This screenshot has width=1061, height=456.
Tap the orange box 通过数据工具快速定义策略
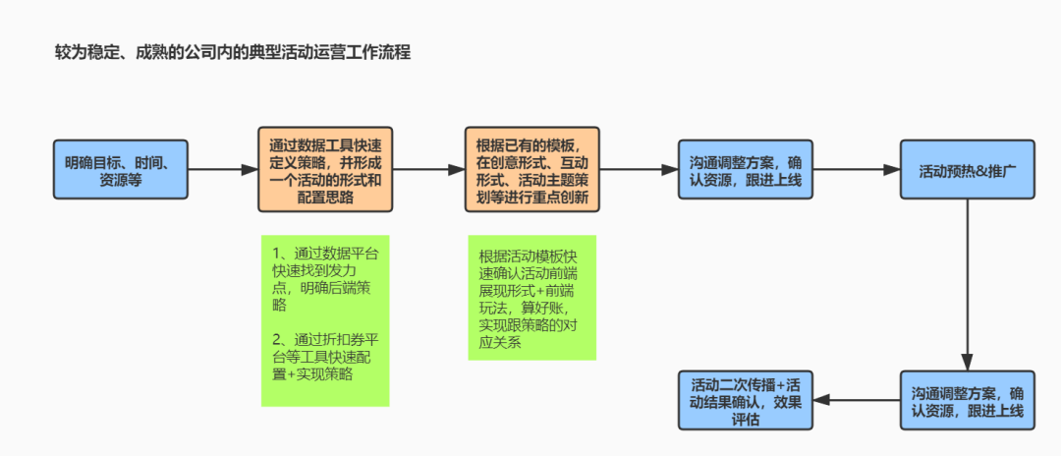325,170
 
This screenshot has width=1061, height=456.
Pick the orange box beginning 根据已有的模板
531,170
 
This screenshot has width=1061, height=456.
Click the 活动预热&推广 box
967,170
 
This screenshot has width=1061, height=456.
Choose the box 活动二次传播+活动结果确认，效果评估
747,400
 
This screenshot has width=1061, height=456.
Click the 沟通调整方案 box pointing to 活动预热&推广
746,170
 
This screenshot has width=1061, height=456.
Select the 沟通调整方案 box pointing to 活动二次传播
968,400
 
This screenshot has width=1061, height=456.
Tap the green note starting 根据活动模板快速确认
532,297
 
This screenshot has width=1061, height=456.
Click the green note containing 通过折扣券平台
325,319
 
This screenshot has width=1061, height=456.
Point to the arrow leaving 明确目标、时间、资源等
222,170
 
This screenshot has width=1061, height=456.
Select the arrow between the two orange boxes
428,170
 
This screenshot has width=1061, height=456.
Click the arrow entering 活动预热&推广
858,170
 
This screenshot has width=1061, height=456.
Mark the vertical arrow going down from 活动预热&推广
968,285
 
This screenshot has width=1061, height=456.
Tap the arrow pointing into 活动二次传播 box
857,400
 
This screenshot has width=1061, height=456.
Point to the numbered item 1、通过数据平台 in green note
325,279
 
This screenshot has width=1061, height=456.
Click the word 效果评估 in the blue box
781,400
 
